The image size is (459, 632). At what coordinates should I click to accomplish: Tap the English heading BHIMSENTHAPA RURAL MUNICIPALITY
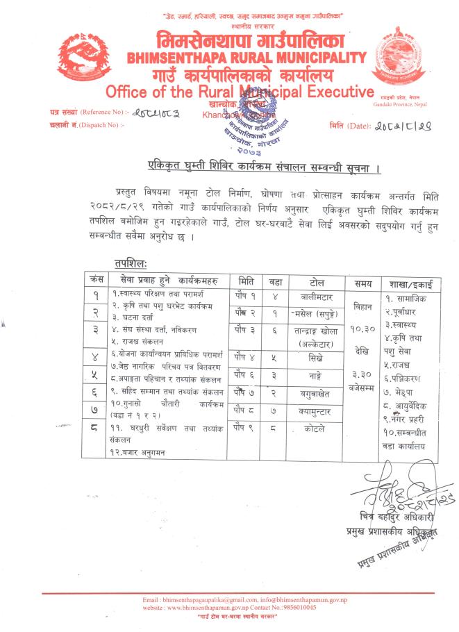tap(247, 58)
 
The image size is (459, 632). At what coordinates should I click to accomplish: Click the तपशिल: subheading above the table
tap(130, 263)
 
